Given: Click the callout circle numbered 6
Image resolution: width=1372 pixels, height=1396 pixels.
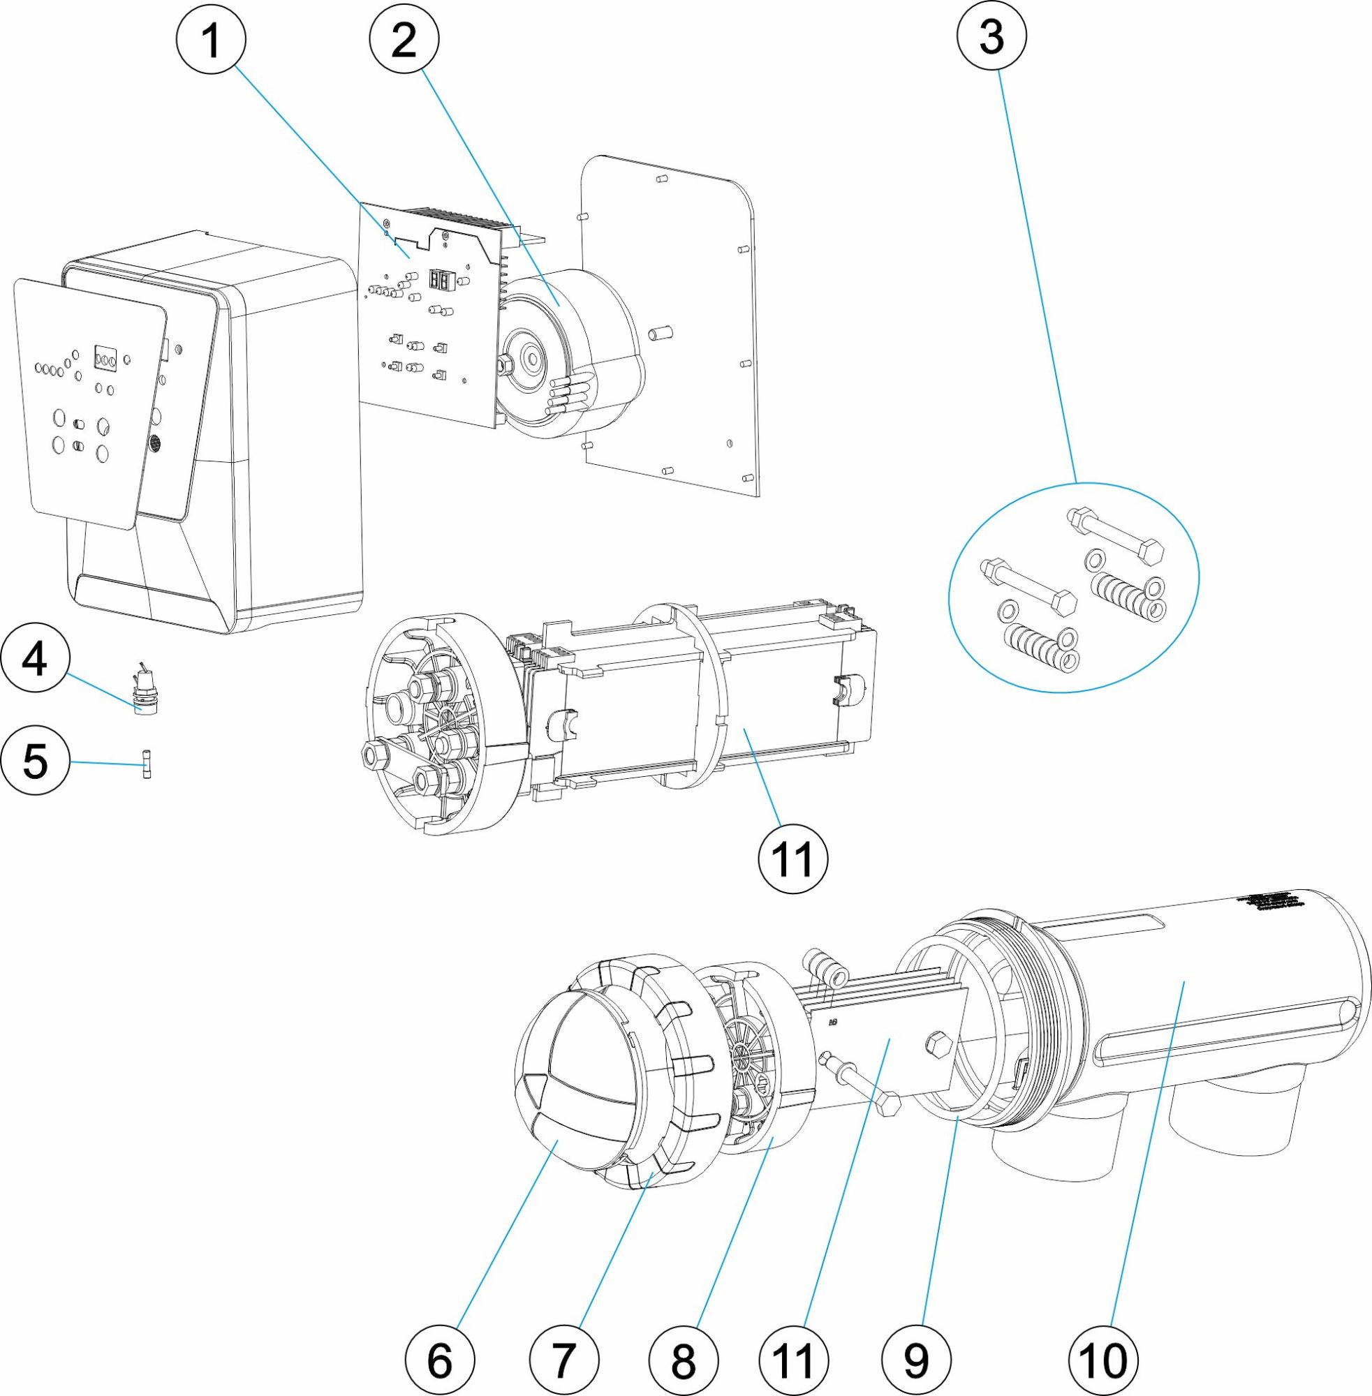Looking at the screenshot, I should (440, 1360).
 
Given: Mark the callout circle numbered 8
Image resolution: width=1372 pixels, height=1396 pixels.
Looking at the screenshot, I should (683, 1360).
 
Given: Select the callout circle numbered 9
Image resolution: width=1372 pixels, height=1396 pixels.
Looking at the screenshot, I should (915, 1360).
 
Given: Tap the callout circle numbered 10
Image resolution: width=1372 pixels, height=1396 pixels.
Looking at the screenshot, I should (1103, 1360).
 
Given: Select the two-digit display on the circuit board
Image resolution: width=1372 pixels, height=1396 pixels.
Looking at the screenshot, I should (439, 279).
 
